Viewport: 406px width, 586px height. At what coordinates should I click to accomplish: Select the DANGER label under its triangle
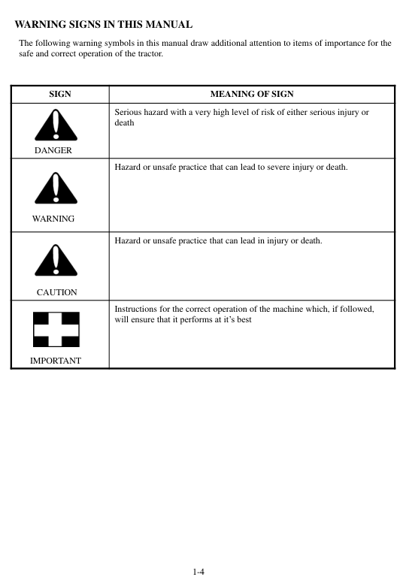coord(53,151)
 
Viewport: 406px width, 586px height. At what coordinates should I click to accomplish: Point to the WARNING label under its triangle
coord(53,219)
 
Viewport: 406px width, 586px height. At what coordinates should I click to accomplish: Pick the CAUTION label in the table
coord(56,292)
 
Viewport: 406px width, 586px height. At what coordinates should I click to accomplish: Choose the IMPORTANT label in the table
coord(56,361)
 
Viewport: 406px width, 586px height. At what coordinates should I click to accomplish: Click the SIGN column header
coord(60,95)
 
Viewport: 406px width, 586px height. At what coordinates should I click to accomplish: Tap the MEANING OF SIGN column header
coord(252,95)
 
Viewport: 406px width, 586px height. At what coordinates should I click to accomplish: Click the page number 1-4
coord(199,572)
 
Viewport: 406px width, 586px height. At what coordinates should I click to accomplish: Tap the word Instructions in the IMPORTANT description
coord(135,309)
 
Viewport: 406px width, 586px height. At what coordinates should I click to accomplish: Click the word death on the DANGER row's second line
coord(124,122)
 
